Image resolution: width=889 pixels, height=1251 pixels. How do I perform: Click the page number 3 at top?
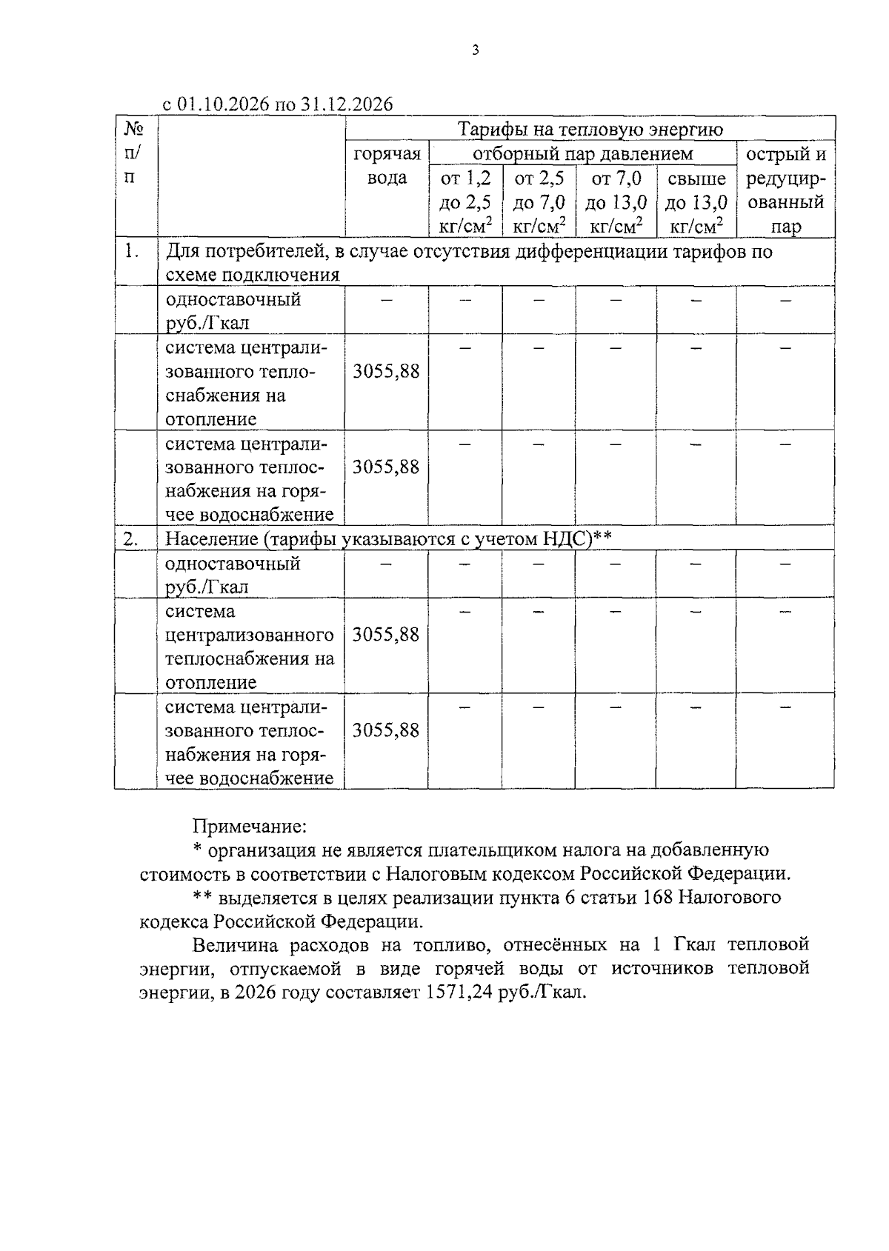point(475,50)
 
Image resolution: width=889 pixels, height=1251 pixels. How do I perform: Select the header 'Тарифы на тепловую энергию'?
point(590,130)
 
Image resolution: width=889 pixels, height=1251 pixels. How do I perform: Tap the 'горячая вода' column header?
point(387,165)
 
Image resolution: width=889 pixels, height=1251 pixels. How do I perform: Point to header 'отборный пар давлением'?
point(582,153)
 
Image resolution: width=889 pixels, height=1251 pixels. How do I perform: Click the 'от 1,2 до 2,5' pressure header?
point(465,201)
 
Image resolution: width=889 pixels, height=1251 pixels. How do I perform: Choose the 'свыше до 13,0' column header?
point(696,201)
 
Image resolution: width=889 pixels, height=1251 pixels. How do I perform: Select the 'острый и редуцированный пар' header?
point(785,190)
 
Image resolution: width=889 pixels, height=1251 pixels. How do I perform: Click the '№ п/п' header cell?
point(134,153)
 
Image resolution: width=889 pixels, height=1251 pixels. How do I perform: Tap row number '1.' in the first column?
point(132,251)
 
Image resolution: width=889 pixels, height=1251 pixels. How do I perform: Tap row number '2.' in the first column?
point(131,539)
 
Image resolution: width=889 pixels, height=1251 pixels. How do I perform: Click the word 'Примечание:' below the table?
point(249,826)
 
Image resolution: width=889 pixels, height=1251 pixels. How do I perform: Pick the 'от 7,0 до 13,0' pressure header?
point(616,201)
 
